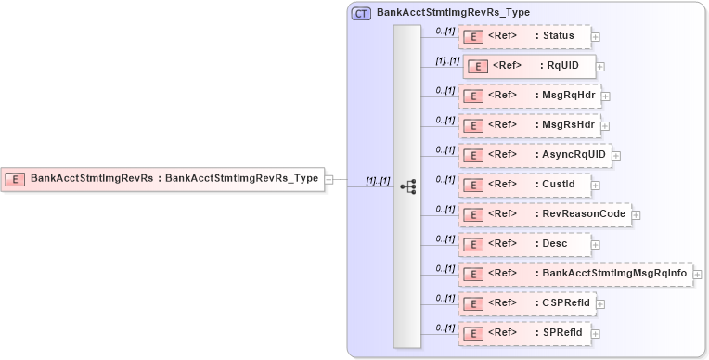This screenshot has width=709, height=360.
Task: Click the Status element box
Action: click(524, 36)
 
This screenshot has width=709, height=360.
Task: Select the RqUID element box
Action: click(529, 66)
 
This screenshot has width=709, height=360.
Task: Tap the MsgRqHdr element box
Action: click(530, 96)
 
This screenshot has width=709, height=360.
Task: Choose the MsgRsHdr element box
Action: click(530, 125)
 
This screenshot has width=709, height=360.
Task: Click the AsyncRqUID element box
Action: click(535, 155)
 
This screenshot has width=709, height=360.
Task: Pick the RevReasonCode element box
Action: click(545, 214)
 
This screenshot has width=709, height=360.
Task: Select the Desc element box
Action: click(524, 244)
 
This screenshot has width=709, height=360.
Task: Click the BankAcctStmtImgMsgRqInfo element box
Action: click(575, 274)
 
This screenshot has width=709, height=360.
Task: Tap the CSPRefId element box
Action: click(526, 303)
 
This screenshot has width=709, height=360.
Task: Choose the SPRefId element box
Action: click(524, 333)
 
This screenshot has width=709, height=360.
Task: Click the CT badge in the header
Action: click(361, 14)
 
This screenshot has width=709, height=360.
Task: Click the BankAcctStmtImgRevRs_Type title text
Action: click(453, 14)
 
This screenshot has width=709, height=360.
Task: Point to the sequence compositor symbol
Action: click(407, 186)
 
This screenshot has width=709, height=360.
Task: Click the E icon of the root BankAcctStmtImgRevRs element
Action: click(15, 178)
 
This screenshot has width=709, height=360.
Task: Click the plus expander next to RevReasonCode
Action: click(637, 215)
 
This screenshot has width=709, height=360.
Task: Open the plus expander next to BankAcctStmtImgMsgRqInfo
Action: click(697, 275)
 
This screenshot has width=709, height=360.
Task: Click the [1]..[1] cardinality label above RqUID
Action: click(447, 60)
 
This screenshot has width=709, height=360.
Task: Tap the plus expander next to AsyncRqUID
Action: click(616, 156)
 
